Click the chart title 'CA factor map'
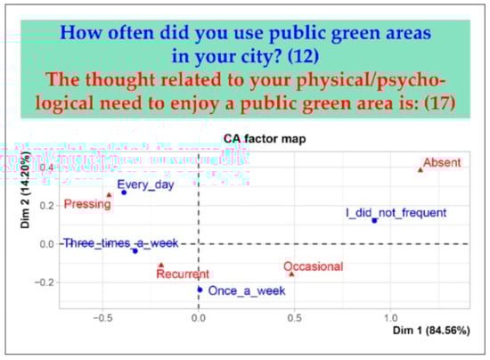pyautogui.click(x=265, y=139)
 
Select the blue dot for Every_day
pyautogui.click(x=124, y=192)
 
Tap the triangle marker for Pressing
pyautogui.click(x=109, y=195)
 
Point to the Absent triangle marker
pyautogui.click(x=421, y=170)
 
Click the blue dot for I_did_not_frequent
pyautogui.click(x=374, y=221)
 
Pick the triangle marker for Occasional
pyautogui.click(x=291, y=274)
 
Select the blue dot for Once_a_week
pyautogui.click(x=200, y=290)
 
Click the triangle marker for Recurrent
pyautogui.click(x=161, y=265)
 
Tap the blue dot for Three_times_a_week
pyautogui.click(x=135, y=251)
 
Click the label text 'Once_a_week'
pyautogui.click(x=247, y=290)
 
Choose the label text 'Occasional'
pyautogui.click(x=313, y=266)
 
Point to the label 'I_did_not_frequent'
pyautogui.click(x=396, y=213)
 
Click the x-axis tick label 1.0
pyautogui.click(x=390, y=318)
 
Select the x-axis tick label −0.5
pyautogui.click(x=102, y=318)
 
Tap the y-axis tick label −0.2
pyautogui.click(x=44, y=282)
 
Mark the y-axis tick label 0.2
pyautogui.click(x=47, y=206)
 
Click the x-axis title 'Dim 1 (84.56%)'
pyautogui.click(x=431, y=331)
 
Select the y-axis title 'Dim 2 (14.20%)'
pyautogui.click(x=25, y=190)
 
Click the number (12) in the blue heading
pyautogui.click(x=303, y=56)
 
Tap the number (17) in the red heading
pyautogui.click(x=439, y=103)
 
